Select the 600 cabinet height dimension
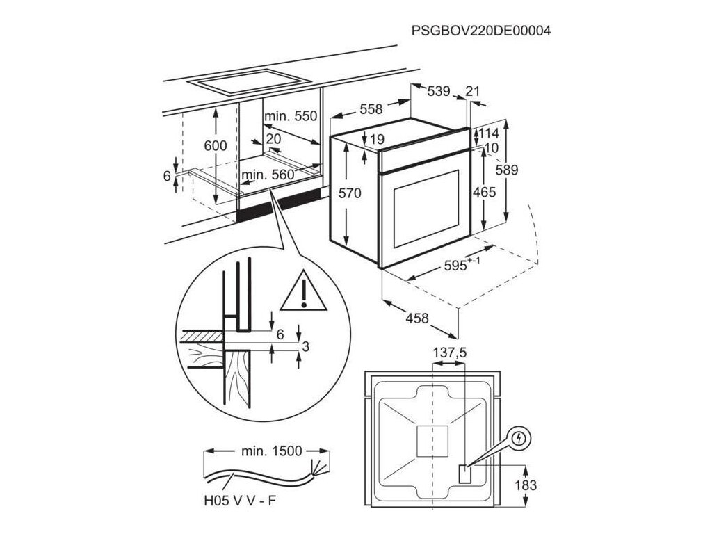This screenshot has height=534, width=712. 216,146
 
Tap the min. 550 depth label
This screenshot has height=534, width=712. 290,116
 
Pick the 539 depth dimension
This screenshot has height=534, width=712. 438,90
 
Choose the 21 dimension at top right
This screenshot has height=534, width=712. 473,90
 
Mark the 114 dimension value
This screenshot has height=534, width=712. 489,133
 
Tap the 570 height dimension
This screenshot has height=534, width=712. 349,194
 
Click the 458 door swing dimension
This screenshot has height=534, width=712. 416,318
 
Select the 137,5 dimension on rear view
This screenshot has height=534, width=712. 450,353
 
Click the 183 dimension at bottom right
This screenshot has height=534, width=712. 526,485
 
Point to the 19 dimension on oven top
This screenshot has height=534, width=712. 376,140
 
